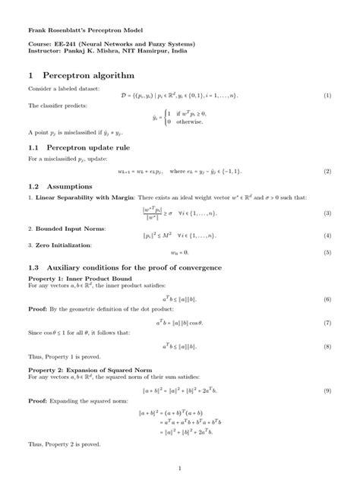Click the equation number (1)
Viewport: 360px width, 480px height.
coord(327,96)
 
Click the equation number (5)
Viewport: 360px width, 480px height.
coord(327,251)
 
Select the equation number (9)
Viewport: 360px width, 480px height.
coord(327,390)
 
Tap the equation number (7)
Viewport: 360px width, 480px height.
coord(327,323)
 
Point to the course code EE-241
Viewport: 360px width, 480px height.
coord(56,46)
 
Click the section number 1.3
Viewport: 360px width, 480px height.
coord(34,269)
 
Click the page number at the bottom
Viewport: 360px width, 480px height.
coord(180,467)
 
